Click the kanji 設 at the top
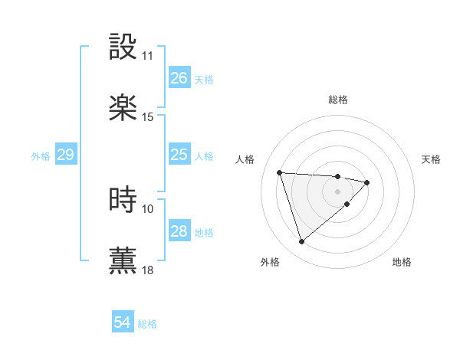[123, 46]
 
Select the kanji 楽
[123, 108]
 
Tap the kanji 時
[123, 199]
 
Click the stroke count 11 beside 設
[148, 56]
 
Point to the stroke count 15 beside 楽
[148, 117]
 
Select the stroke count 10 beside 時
[148, 208]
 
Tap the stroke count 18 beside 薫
[148, 270]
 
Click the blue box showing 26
[179, 78]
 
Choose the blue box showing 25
[179, 155]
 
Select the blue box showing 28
[179, 231]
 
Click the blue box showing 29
[65, 155]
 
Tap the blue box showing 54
[122, 323]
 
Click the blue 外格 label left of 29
[41, 155]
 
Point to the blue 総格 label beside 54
[147, 324]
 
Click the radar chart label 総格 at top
[338, 100]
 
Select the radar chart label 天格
[432, 159]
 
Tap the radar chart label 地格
[402, 263]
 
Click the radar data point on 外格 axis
[302, 242]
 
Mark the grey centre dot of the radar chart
[337, 191]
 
